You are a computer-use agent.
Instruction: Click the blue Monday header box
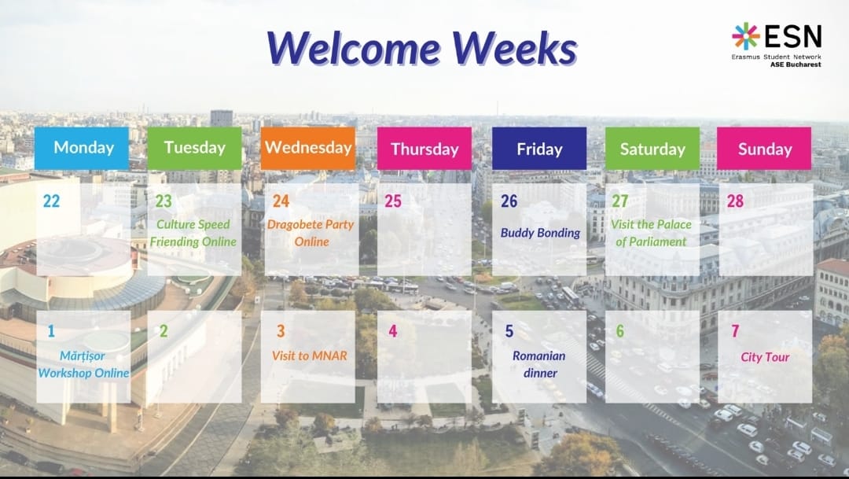pos(82,149)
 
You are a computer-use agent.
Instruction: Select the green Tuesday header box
pos(194,149)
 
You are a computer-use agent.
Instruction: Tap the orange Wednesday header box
pos(308,149)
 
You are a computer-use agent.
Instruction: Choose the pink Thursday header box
pos(424,149)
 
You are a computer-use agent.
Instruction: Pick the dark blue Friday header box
pos(539,149)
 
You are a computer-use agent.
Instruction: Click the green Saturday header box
pos(652,149)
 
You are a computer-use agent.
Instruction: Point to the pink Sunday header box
pos(764,149)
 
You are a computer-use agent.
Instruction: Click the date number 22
pos(51,201)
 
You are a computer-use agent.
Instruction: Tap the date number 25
pos(393,201)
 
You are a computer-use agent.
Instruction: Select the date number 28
pos(735,201)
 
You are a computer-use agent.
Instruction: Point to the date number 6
pos(620,331)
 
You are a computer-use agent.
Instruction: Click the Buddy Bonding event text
pos(540,233)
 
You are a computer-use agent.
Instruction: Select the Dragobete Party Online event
pos(311,233)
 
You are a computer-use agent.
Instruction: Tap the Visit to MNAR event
pos(310,356)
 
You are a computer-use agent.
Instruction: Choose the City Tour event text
pos(765,357)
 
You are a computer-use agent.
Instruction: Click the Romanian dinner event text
pos(539,364)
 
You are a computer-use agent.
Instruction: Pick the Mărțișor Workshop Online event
pos(83,364)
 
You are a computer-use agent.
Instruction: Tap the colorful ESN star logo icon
pos(745,36)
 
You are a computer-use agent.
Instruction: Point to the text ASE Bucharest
pos(796,64)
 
